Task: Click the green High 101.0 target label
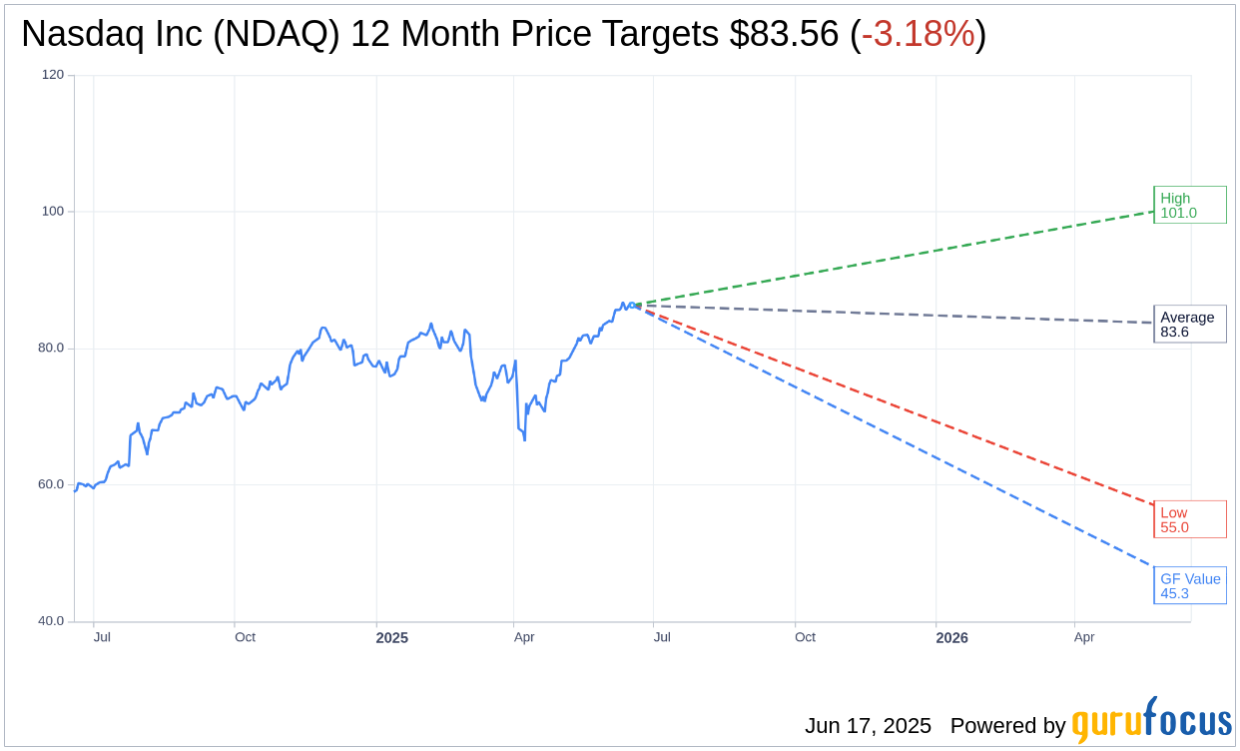pos(1189,205)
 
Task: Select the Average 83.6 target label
pos(1189,325)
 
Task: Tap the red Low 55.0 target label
pos(1189,519)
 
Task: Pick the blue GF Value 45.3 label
pos(1189,585)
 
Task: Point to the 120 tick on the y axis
pos(53,75)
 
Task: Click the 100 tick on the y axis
pos(53,212)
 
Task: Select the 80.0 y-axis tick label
pos(51,349)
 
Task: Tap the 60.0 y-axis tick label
pos(51,484)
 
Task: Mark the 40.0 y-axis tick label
pos(51,621)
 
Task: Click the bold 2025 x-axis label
pos(391,638)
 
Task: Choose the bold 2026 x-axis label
pos(951,638)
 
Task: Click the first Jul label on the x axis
pos(102,637)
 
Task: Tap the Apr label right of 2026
pos(1084,637)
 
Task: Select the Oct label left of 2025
pos(245,637)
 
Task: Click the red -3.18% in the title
pos(918,34)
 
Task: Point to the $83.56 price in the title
pos(784,34)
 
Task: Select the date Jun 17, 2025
pos(868,726)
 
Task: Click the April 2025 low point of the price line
pos(524,439)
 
